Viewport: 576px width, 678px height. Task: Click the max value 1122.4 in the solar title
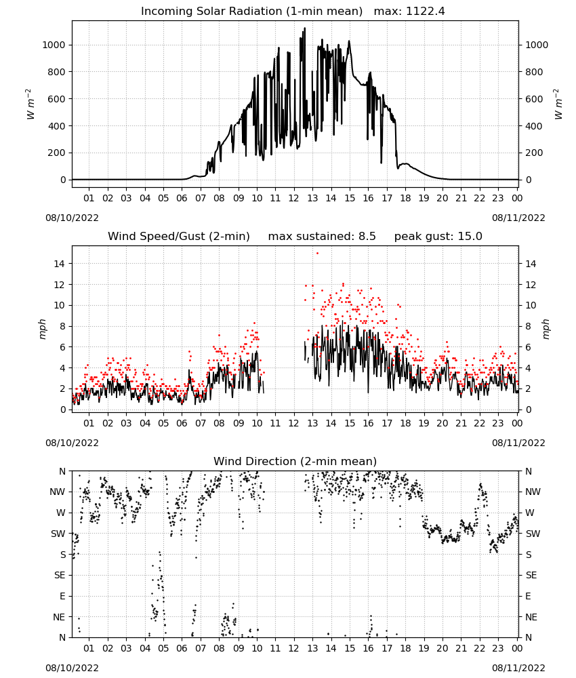click(425, 12)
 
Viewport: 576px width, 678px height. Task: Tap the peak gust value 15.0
click(470, 237)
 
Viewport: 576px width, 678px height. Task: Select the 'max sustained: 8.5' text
click(322, 237)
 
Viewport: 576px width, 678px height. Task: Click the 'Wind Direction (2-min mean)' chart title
click(295, 461)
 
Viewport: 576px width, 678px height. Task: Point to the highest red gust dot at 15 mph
click(317, 253)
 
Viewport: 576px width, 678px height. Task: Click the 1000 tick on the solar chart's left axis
click(54, 45)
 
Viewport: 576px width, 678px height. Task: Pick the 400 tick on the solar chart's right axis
click(534, 126)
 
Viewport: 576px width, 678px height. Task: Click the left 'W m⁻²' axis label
click(29, 104)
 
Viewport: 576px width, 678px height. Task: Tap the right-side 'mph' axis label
click(546, 329)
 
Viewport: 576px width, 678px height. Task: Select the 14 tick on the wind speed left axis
click(60, 264)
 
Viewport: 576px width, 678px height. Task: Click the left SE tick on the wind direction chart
click(60, 575)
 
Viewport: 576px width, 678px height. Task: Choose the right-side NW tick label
click(533, 492)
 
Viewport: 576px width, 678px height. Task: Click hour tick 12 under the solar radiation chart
click(294, 199)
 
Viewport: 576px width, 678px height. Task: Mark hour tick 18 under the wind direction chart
click(405, 649)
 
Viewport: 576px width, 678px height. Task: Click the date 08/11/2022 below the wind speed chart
click(518, 443)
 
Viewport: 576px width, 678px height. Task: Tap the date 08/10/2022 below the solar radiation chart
click(72, 218)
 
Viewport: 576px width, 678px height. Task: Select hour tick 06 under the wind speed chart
click(182, 423)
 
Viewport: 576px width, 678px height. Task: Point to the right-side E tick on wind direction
click(528, 596)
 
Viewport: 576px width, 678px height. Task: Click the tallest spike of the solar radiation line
click(305, 28)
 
